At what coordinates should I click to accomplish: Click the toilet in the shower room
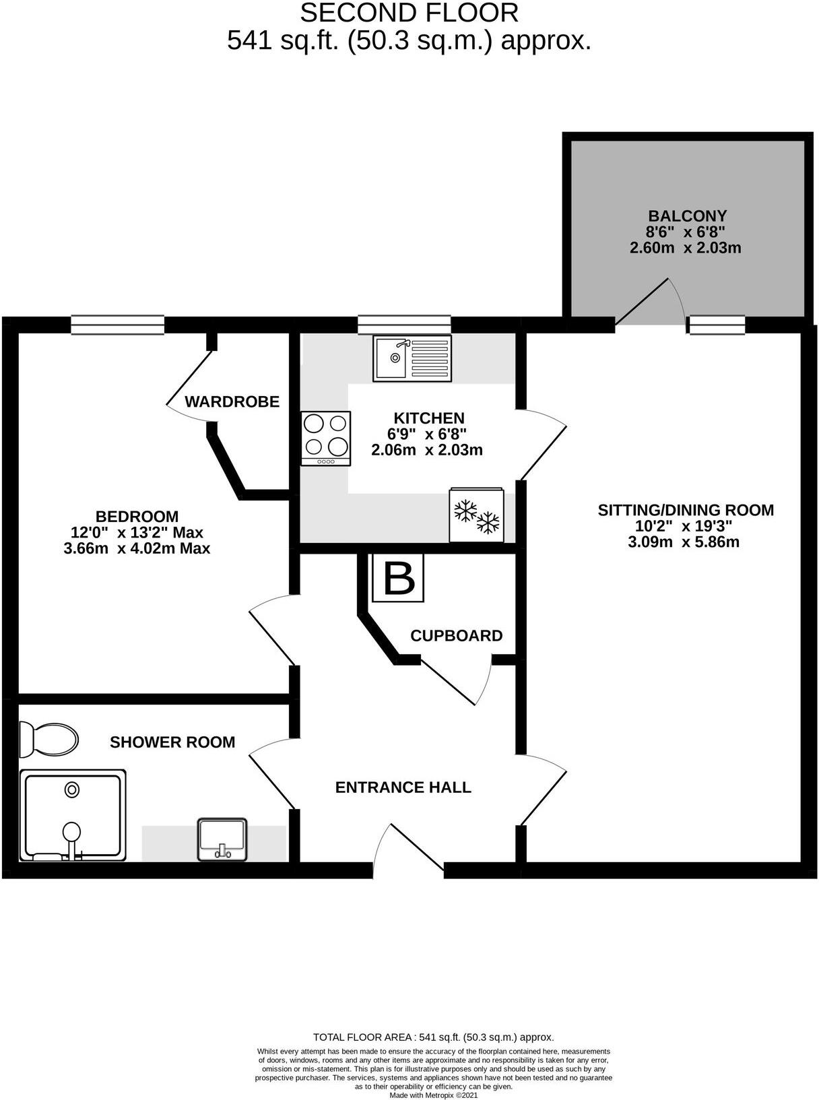click(x=48, y=740)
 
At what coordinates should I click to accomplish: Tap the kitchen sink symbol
click(x=412, y=358)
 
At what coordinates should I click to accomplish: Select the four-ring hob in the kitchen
click(x=326, y=436)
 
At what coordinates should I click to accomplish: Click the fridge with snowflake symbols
click(x=477, y=515)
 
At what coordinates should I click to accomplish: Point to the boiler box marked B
click(x=398, y=578)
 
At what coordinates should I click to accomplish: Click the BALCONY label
click(x=687, y=216)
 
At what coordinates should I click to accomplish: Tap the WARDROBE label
click(x=232, y=402)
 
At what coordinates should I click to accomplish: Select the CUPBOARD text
click(x=456, y=636)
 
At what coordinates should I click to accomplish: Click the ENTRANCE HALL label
click(x=403, y=787)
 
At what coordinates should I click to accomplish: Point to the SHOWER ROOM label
click(x=172, y=742)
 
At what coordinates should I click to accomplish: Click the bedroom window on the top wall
click(x=118, y=325)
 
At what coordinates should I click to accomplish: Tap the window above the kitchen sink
click(x=403, y=325)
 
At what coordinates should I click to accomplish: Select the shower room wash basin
click(x=222, y=839)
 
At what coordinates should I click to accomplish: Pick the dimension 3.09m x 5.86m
click(x=684, y=542)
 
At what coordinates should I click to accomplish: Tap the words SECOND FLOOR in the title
click(x=409, y=13)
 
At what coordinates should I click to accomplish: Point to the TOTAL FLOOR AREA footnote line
click(x=433, y=1037)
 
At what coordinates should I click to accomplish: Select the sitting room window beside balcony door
click(x=717, y=325)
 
